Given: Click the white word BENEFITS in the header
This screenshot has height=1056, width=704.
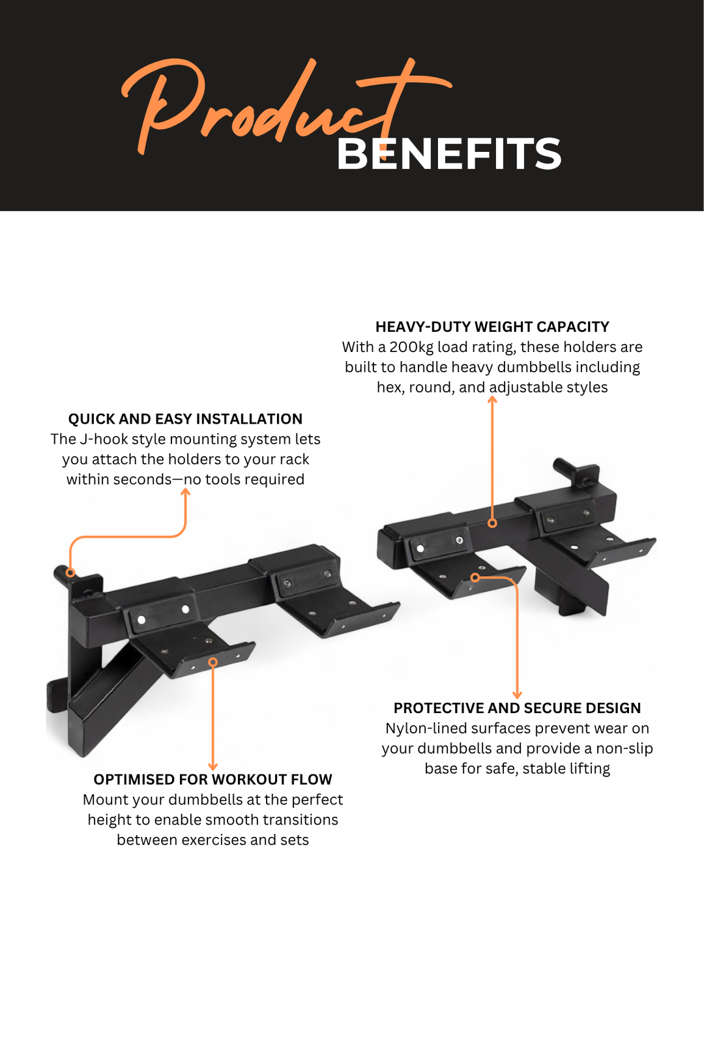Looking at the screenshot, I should pyautogui.click(x=448, y=154).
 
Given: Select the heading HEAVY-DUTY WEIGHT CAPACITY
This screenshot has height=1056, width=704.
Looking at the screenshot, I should pyautogui.click(x=492, y=327).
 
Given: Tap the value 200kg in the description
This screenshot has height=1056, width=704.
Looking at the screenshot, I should pyautogui.click(x=411, y=347).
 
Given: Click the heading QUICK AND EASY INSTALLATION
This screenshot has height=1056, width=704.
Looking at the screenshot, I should pyautogui.click(x=185, y=418).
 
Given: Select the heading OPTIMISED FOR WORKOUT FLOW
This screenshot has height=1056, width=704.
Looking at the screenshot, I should pyautogui.click(x=213, y=779).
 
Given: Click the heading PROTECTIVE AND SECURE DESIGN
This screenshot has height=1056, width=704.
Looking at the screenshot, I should pyautogui.click(x=517, y=707).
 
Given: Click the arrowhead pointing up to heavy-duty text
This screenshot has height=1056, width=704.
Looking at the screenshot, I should pyautogui.click(x=492, y=400).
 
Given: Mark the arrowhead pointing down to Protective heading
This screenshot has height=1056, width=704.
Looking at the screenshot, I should pyautogui.click(x=517, y=694).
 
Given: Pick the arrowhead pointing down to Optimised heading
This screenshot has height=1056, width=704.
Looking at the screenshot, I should pyautogui.click(x=213, y=766).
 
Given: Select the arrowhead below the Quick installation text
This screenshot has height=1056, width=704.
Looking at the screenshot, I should pyautogui.click(x=185, y=492).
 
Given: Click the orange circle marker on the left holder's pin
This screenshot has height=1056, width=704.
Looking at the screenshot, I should pyautogui.click(x=70, y=572).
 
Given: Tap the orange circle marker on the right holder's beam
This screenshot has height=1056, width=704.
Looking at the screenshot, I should pyautogui.click(x=492, y=523).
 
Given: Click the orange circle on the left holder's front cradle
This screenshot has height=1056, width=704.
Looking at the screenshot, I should pyautogui.click(x=213, y=662).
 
